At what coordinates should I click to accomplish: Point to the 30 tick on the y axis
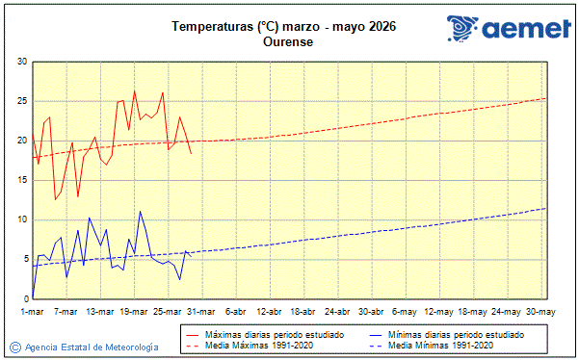[21, 62]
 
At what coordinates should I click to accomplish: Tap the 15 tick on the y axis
[21, 180]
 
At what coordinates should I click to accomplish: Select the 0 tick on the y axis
[24, 298]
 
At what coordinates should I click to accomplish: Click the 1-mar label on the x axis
[33, 311]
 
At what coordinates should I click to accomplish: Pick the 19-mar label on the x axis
[134, 311]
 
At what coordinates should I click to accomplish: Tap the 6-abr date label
[235, 311]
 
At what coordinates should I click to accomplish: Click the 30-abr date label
[370, 311]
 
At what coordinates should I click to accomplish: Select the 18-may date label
[471, 311]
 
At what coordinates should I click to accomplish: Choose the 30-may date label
[539, 311]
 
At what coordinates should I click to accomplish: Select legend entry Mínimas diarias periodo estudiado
[456, 334]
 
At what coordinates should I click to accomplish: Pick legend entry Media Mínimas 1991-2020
[441, 345]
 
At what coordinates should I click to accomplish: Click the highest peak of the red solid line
[134, 90]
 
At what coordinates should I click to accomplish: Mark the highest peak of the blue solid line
[140, 211]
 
